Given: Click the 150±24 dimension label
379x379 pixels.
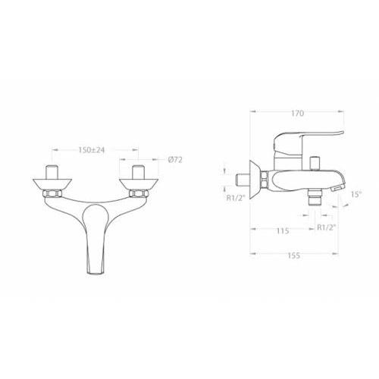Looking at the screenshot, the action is point(91,150).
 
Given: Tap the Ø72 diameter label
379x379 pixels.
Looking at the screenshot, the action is point(175,160).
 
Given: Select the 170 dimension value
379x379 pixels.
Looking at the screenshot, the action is point(297,114).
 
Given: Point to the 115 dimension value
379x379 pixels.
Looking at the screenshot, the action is point(282,230).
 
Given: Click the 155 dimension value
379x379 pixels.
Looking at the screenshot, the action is point(294,255).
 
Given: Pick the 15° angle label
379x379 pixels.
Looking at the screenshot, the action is point(356,194).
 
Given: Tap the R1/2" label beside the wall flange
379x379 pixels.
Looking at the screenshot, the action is point(236,198).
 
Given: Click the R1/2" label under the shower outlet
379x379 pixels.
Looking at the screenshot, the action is point(327,227).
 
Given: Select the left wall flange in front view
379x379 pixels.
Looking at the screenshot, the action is point(52,184).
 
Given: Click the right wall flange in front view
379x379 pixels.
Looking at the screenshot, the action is point(139,184).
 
